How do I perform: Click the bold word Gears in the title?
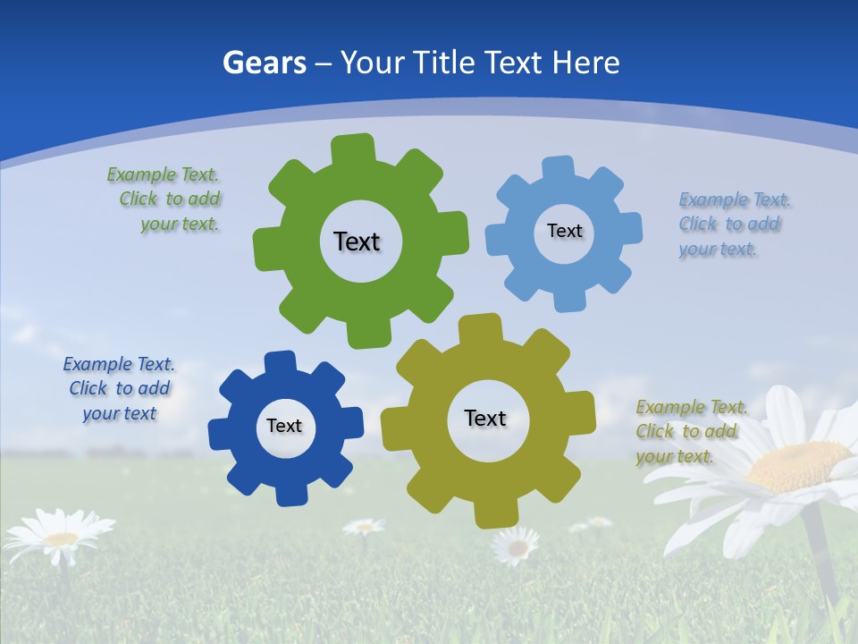click(264, 64)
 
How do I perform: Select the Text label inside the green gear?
click(357, 241)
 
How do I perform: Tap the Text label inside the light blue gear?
click(564, 231)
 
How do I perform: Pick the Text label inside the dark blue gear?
click(284, 427)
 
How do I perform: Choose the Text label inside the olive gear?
click(485, 419)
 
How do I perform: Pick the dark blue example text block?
click(119, 389)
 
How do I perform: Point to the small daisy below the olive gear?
click(516, 544)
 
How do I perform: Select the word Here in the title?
click(585, 64)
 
